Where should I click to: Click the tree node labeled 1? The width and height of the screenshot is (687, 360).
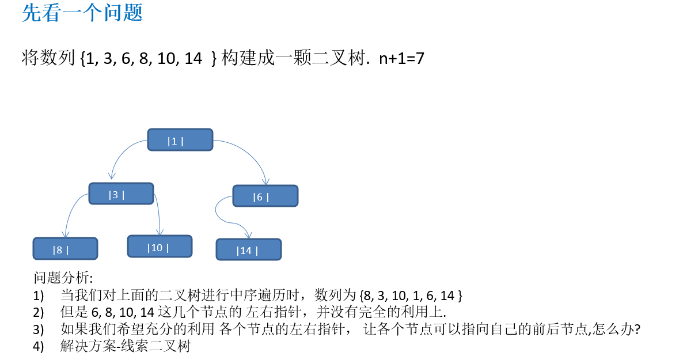point(180,140)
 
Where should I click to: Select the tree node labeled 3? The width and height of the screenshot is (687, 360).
point(121,194)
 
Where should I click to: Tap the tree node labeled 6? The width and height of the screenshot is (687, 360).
point(265,196)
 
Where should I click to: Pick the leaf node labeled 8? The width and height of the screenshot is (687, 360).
point(65,249)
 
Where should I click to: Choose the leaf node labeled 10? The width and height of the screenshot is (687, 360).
point(160,247)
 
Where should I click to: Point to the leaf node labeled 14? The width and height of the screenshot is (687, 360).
point(248,249)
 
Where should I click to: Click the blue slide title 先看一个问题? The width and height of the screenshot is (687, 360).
point(82,13)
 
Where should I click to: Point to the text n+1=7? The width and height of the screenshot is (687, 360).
point(401,58)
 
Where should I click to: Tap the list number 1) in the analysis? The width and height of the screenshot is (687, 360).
point(39,296)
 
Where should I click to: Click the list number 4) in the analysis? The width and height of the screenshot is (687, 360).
point(39,347)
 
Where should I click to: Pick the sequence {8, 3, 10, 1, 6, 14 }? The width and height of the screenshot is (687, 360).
point(410,296)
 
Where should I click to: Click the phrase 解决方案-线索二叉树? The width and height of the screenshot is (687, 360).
point(125,347)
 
